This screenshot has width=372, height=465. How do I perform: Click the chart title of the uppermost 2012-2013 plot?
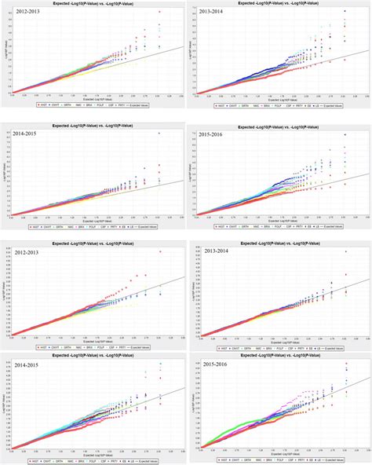coord(94,5)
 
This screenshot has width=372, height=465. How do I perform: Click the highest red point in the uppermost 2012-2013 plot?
coord(160,14)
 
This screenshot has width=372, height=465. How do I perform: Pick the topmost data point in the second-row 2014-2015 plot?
coord(160,134)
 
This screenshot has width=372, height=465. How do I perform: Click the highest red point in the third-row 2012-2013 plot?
coord(160,251)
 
